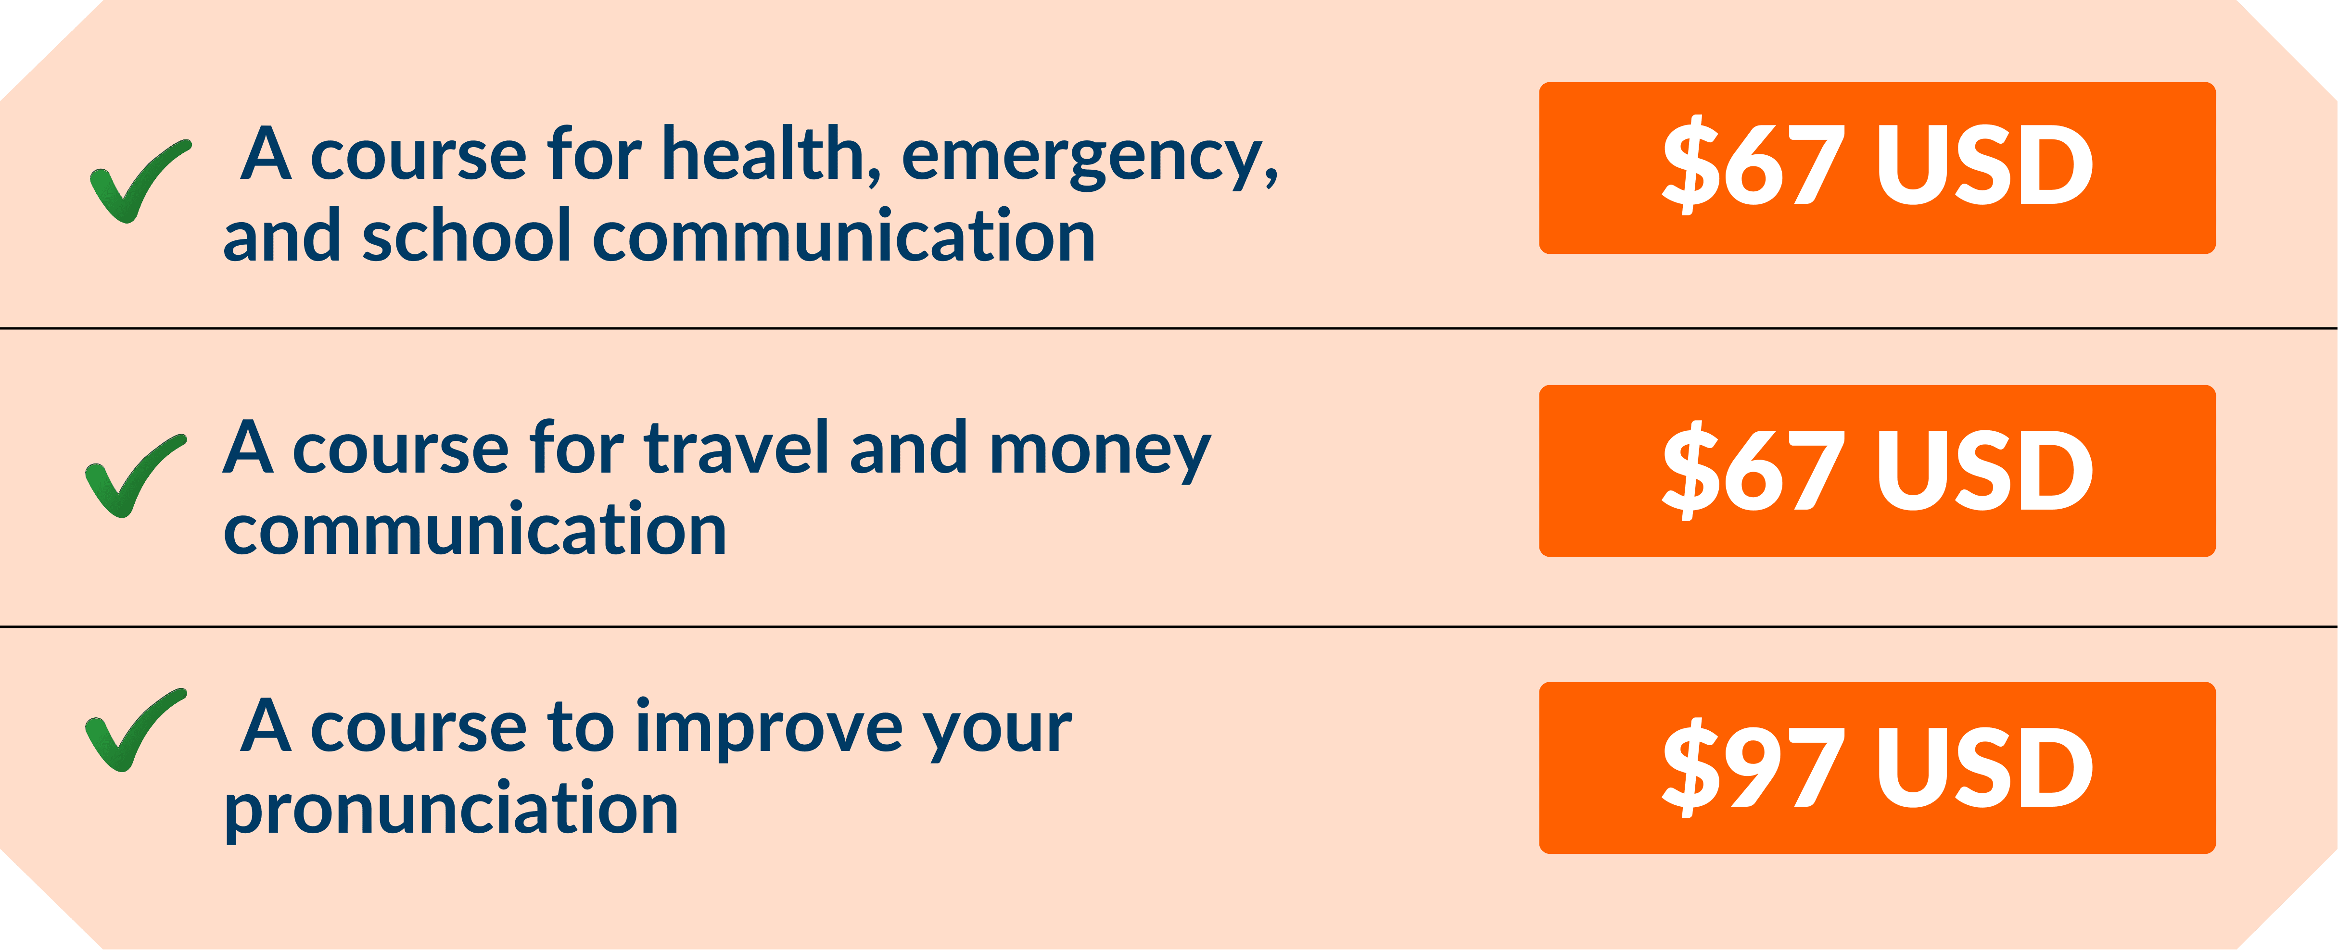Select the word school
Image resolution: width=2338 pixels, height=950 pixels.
tap(467, 236)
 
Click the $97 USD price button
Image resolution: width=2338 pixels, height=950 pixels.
tap(1877, 768)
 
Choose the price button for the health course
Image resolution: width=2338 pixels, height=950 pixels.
tap(1877, 168)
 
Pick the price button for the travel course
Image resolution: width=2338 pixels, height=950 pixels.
tap(1877, 471)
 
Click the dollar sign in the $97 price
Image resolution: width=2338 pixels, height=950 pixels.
tap(1691, 768)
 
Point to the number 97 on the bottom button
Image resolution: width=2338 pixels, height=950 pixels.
tap(1785, 768)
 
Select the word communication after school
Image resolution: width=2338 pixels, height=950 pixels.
tap(844, 236)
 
